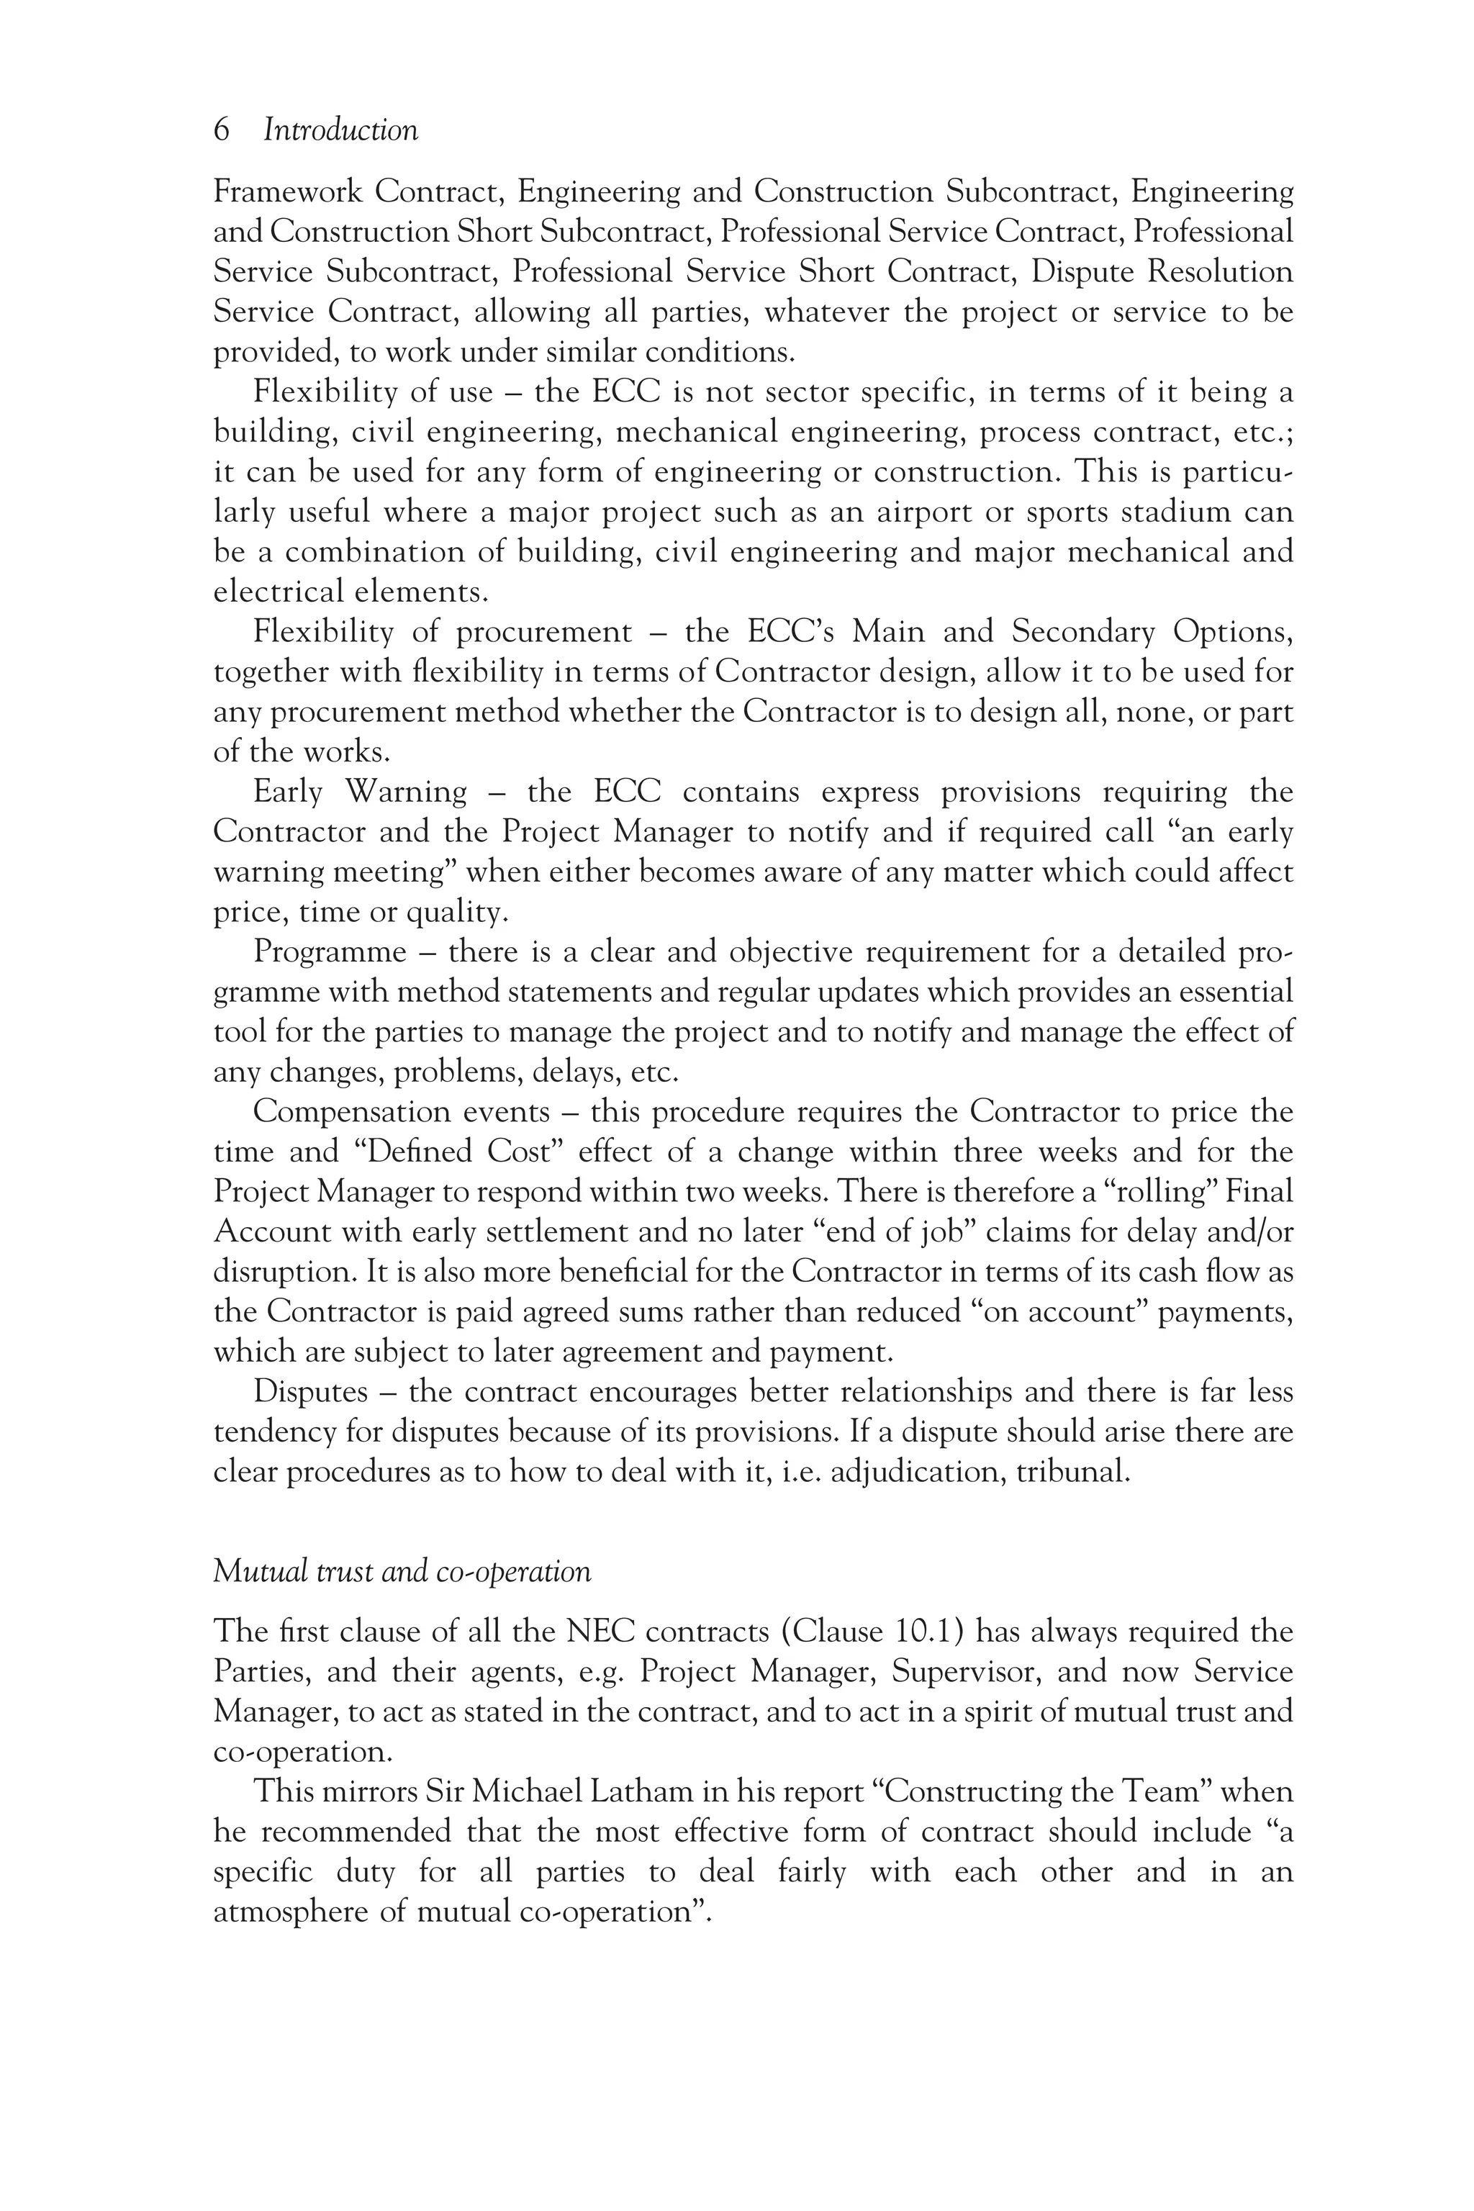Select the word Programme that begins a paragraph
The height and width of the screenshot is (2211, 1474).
click(330, 952)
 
